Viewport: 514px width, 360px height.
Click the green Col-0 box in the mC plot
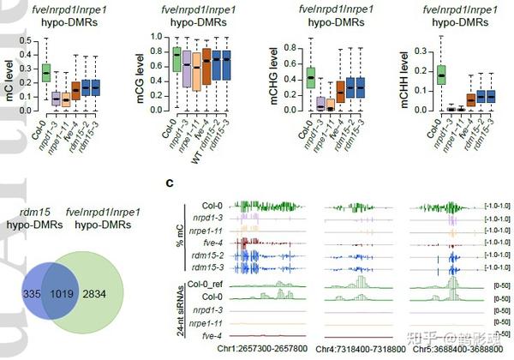tap(46, 73)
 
